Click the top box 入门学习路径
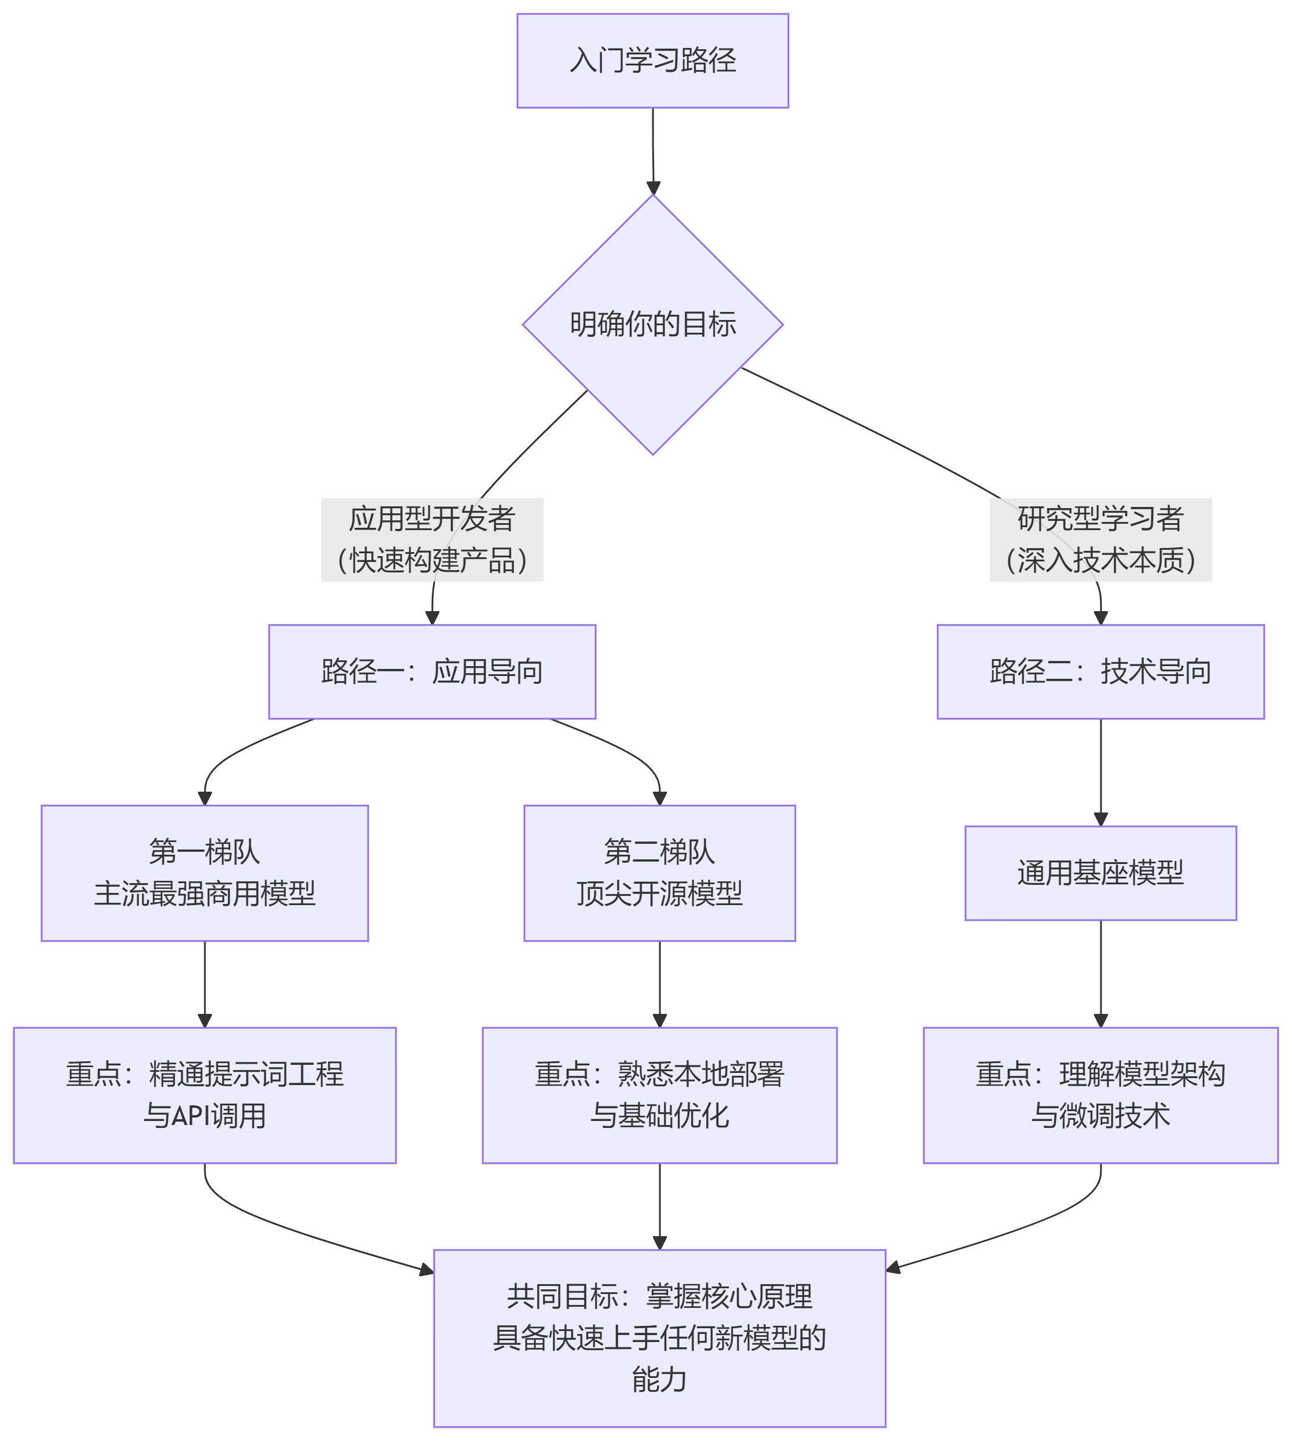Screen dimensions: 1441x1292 pos(652,60)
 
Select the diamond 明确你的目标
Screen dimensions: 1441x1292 pos(652,325)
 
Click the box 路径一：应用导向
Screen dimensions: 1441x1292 pos(432,671)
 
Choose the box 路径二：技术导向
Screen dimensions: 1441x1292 pos(1100,671)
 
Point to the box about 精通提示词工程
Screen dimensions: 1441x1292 pos(204,1094)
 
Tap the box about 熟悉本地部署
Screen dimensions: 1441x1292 pos(659,1094)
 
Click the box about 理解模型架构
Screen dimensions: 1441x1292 pos(1100,1094)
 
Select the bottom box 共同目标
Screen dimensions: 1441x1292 pos(659,1338)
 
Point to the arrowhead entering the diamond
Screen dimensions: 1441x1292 pos(653,188)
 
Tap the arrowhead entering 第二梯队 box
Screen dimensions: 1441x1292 pos(659,799)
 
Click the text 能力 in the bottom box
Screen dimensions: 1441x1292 pos(659,1379)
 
